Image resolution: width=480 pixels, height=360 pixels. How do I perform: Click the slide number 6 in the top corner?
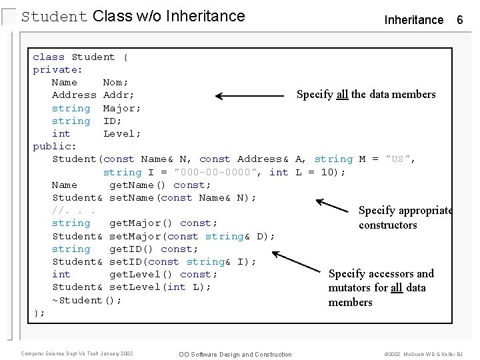point(459,20)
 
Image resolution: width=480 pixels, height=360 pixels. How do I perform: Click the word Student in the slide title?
point(55,16)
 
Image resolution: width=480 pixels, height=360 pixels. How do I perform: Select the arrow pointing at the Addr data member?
point(250,96)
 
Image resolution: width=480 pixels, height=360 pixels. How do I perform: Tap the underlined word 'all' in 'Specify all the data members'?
point(342,94)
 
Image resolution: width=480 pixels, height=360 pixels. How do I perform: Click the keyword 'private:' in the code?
point(58,69)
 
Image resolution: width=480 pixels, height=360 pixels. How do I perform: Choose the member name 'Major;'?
point(122,108)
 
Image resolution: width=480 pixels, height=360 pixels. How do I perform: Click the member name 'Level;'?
point(122,133)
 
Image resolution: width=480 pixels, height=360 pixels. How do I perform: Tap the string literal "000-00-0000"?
point(221,172)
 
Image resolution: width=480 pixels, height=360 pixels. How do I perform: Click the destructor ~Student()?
point(87,300)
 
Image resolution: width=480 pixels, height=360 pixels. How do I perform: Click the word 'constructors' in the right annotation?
point(387,225)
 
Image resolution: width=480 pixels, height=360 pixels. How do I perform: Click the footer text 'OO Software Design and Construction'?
point(235,354)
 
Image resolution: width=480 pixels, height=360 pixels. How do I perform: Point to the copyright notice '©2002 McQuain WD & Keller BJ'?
point(423,354)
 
